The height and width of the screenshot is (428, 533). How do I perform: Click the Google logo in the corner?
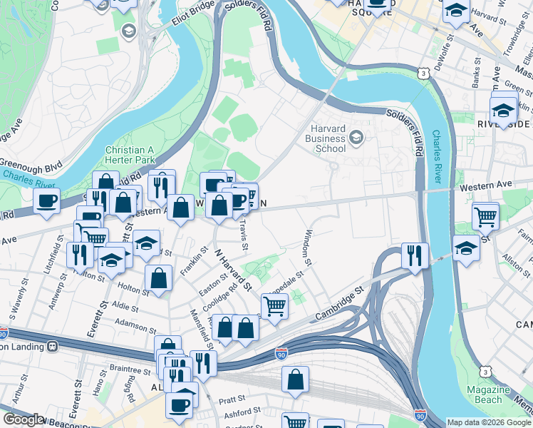tap(23, 419)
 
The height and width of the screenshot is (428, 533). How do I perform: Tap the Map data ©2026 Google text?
tap(489, 422)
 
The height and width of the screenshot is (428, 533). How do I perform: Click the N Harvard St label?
tap(232, 268)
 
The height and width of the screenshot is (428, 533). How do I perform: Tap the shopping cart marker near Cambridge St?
tap(274, 306)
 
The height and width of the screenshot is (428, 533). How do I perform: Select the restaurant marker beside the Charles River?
tap(414, 253)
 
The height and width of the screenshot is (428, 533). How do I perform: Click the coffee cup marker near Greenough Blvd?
tap(46, 200)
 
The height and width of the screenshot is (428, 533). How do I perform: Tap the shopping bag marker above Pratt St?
tap(295, 379)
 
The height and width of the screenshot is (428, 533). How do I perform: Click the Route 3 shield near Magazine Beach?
tap(485, 372)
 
